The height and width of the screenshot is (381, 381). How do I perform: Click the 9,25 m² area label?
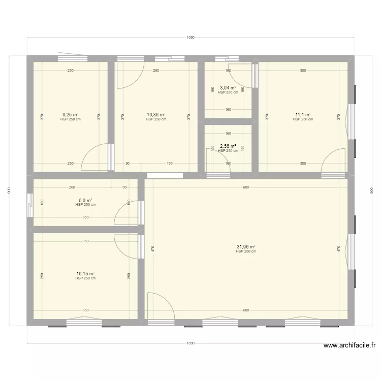70,115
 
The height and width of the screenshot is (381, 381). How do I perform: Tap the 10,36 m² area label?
156,115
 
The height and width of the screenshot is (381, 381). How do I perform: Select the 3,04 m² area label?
228,88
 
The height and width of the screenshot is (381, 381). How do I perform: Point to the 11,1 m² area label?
303,115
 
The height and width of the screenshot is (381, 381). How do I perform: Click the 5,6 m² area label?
85,200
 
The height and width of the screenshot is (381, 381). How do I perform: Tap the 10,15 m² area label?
85,274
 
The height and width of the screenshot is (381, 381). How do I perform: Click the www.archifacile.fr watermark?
350,346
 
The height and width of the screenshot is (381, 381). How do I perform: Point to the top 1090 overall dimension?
190,38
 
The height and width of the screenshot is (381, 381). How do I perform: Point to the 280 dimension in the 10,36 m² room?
156,71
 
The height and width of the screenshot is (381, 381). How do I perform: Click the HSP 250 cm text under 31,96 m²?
246,251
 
